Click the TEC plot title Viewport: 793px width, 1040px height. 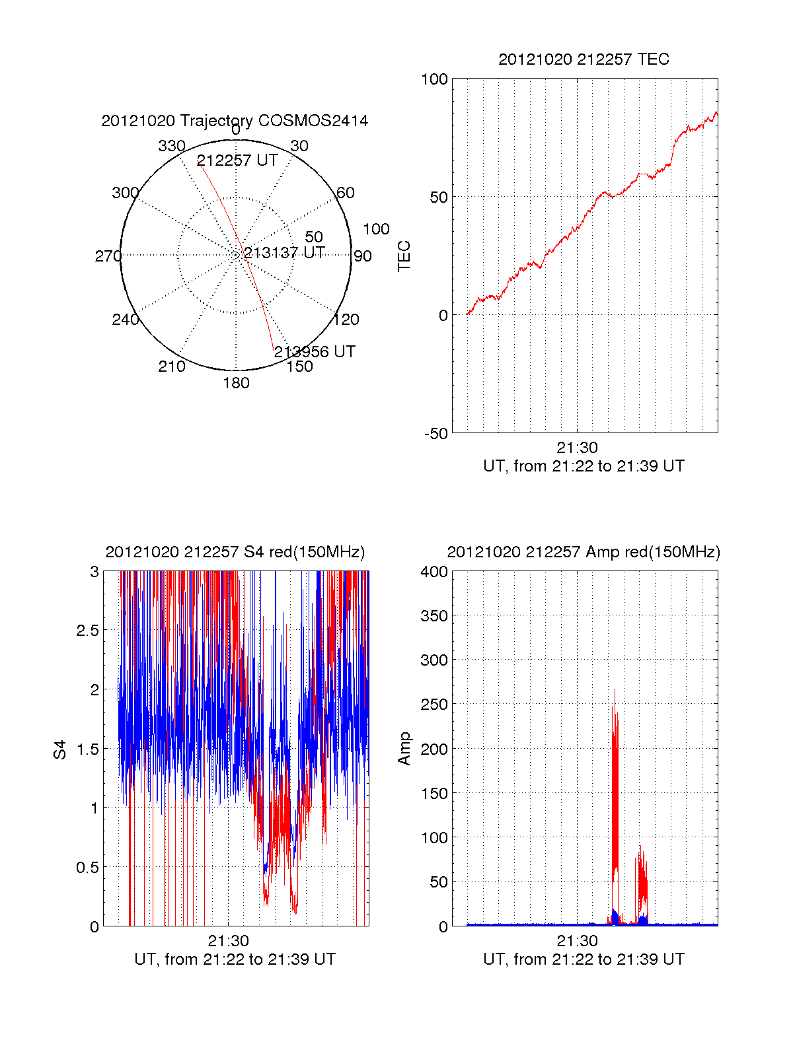[x=584, y=59]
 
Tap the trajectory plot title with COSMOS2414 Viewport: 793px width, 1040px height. [x=235, y=121]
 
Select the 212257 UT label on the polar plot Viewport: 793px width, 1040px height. [x=237, y=160]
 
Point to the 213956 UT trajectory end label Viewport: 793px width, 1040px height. [x=315, y=352]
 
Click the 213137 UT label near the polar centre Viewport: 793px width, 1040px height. [x=284, y=253]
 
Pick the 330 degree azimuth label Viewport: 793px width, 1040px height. [x=171, y=146]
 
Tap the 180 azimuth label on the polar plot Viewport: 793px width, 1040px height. [x=236, y=383]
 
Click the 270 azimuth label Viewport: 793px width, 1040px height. [x=108, y=256]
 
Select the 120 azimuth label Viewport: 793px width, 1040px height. [x=346, y=320]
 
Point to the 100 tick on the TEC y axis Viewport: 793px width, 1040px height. [x=434, y=80]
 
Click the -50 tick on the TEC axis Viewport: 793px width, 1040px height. [x=435, y=434]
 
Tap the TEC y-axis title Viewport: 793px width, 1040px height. [x=404, y=256]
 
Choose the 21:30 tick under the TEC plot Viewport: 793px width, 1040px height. [x=577, y=448]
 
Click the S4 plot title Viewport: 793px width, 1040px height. [x=235, y=552]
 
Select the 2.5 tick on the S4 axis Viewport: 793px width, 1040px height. [x=87, y=631]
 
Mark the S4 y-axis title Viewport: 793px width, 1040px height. [x=60, y=749]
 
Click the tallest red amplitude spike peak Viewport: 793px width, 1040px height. [x=615, y=690]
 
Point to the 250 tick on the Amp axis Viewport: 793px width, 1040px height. [x=434, y=705]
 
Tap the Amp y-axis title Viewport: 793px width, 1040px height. [x=404, y=749]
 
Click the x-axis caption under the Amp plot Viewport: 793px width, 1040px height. [x=584, y=959]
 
